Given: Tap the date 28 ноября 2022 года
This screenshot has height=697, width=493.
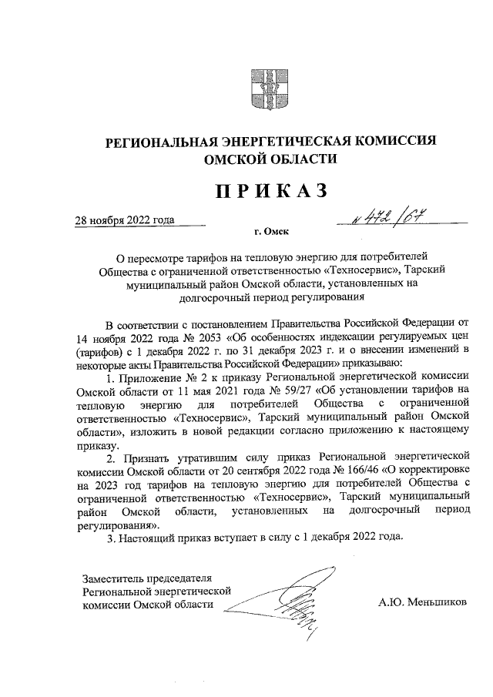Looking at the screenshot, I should (125, 219).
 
